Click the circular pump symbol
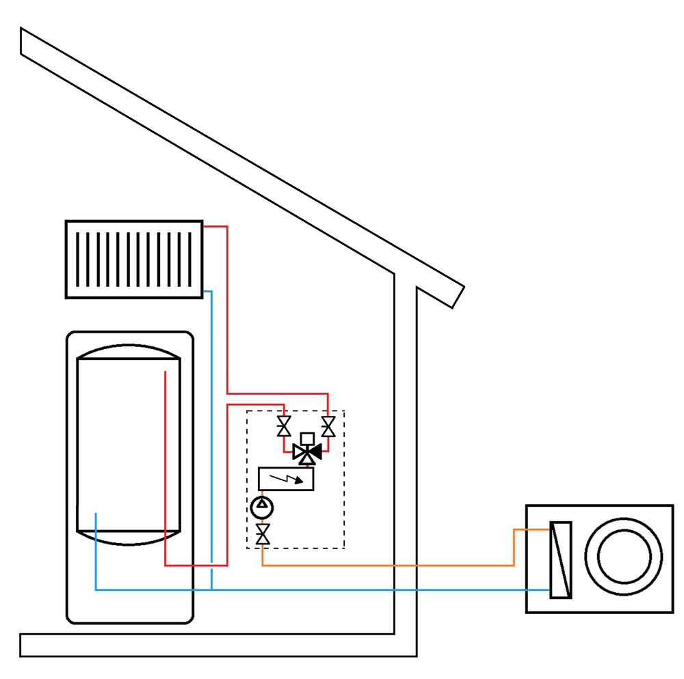pos(262,508)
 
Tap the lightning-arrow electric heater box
pos(286,479)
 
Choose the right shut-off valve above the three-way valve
pos(328,427)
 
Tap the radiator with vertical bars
pos(134,259)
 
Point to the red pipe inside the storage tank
pos(165,465)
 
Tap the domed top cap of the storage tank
pos(129,351)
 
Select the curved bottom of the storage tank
pos(129,540)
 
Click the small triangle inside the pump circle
pos(262,506)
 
